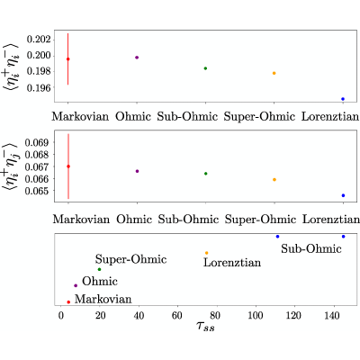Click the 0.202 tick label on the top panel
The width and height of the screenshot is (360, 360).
pos(39,40)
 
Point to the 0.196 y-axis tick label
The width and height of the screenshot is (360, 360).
pos(39,87)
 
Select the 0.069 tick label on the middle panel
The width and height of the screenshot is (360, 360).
pos(37,142)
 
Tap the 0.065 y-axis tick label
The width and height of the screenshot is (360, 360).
pos(37,191)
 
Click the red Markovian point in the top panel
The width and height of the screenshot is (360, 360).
pos(68,59)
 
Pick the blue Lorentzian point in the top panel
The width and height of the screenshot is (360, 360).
pos(343,99)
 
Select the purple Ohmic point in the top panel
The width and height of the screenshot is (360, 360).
pos(137,58)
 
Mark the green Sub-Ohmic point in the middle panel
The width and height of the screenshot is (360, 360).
pos(206,174)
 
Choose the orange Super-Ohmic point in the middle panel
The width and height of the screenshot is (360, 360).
pos(274,180)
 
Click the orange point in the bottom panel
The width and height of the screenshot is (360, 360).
pos(206,253)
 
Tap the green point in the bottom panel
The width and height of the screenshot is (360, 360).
pos(100,269)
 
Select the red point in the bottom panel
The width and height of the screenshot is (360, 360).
pos(68,302)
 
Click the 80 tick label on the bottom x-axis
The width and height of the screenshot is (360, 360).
pos(215,316)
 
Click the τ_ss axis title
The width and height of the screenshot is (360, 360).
pos(206,327)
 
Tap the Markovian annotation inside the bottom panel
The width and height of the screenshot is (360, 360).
pos(103,299)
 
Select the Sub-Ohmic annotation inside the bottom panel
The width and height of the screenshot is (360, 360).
pos(311,248)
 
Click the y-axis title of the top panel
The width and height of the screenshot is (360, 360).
pos(11,67)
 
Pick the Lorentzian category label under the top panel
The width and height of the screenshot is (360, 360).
pos(330,116)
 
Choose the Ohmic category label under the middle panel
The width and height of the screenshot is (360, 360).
pos(134,220)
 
